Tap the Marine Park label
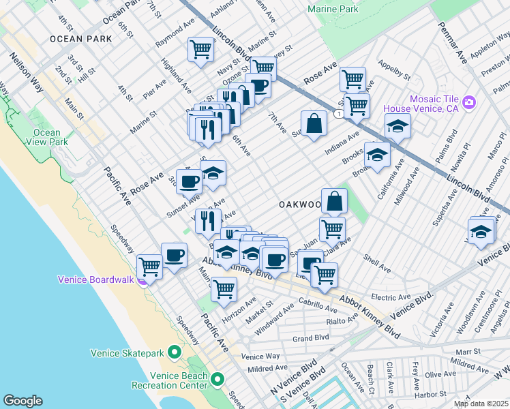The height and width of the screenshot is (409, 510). [x=333, y=10]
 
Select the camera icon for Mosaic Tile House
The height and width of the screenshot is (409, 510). [x=468, y=103]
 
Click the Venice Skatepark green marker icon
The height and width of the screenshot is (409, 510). [x=175, y=352]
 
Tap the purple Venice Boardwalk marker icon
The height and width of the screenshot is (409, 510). [x=142, y=279]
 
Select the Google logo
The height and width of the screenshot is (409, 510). [x=22, y=401]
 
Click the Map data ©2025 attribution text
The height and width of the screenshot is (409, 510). [x=481, y=404]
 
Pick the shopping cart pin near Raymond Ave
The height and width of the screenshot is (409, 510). [x=200, y=49]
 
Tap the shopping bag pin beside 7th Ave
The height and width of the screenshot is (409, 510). [x=314, y=123]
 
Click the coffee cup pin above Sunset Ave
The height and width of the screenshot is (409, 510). [x=189, y=181]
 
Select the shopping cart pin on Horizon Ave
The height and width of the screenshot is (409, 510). [x=224, y=288]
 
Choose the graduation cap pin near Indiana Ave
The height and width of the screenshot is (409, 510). [x=397, y=125]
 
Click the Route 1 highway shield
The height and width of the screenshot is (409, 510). [x=339, y=114]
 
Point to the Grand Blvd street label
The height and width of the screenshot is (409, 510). [x=310, y=337]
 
